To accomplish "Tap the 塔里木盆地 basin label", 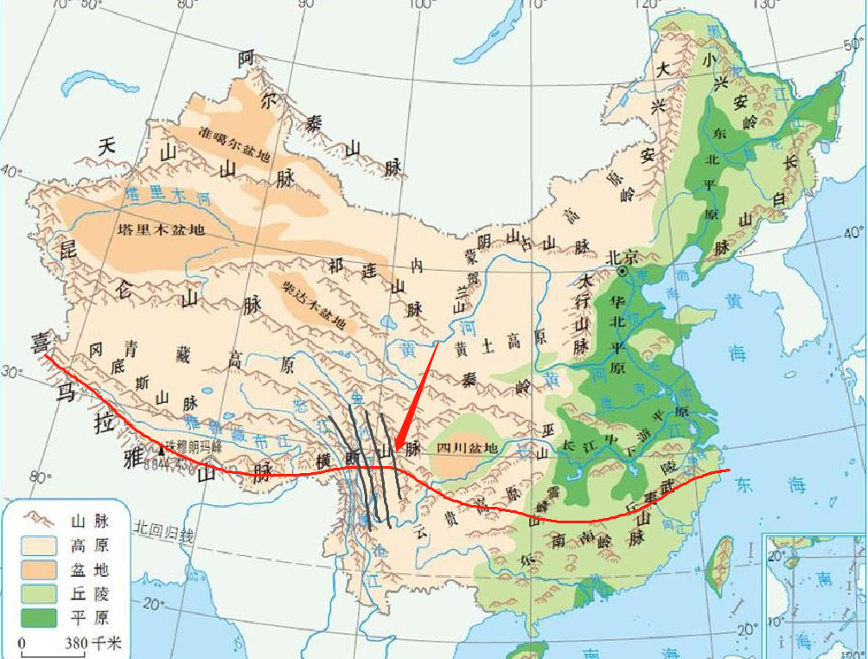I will pyautogui.click(x=161, y=230).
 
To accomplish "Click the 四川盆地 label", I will pyautogui.click(x=468, y=447).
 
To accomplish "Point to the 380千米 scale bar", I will pyautogui.click(x=50, y=643).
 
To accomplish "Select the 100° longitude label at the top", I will pyautogui.click(x=421, y=6).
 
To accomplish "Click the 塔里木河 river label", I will pyautogui.click(x=166, y=196).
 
